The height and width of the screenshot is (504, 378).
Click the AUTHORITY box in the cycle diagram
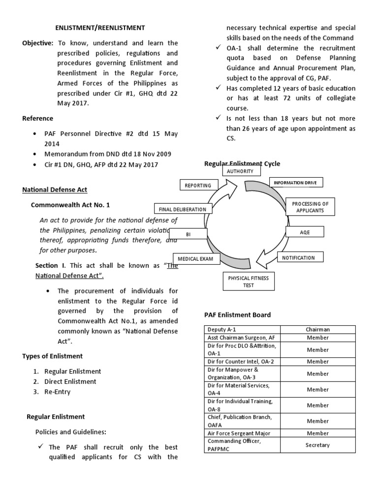(240, 171)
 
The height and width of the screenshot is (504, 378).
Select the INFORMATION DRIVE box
(295, 183)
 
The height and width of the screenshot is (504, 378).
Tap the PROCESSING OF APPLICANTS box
(310, 207)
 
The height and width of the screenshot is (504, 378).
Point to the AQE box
(305, 231)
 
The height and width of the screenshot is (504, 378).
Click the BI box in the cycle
(188, 234)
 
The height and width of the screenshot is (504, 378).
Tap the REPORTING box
(198, 186)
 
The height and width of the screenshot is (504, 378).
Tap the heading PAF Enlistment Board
(237, 315)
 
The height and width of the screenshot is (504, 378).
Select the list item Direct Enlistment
(70, 381)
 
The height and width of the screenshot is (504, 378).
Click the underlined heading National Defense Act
(55, 189)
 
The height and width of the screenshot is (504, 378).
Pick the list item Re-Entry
(58, 392)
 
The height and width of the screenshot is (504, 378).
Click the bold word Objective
(37, 43)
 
